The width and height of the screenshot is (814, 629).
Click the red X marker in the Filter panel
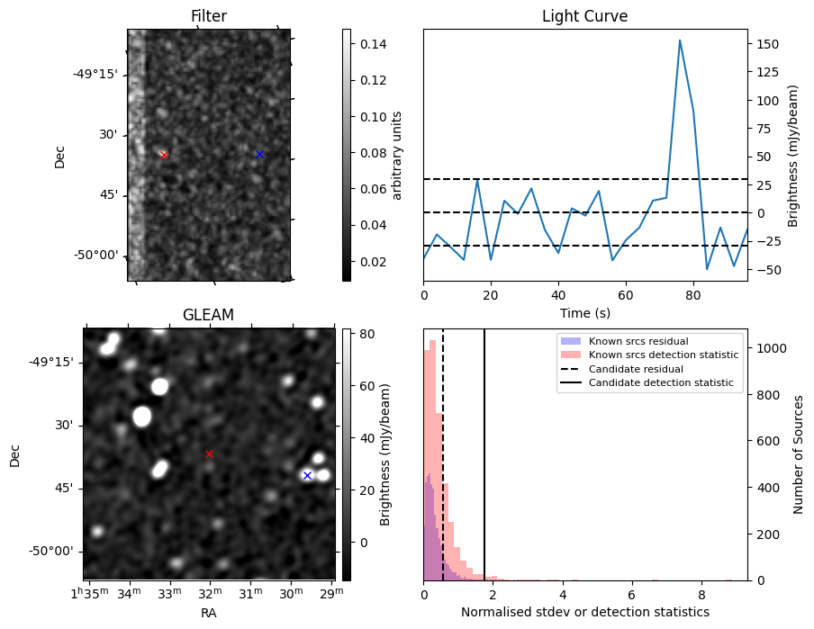tap(164, 155)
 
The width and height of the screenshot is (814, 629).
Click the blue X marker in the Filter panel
tap(259, 154)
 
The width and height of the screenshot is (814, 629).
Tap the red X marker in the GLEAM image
tap(209, 454)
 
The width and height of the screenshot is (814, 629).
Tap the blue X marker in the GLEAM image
tap(307, 475)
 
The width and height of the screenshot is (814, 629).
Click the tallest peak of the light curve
tap(680, 40)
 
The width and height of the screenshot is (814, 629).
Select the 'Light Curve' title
tap(584, 16)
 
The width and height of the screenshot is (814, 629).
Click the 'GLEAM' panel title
tap(208, 315)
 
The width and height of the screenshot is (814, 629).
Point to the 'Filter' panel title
tap(209, 16)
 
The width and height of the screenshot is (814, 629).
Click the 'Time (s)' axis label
tap(584, 312)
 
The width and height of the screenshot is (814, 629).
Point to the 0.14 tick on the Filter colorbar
tap(374, 44)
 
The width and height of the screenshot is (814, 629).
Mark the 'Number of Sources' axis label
tap(799, 454)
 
